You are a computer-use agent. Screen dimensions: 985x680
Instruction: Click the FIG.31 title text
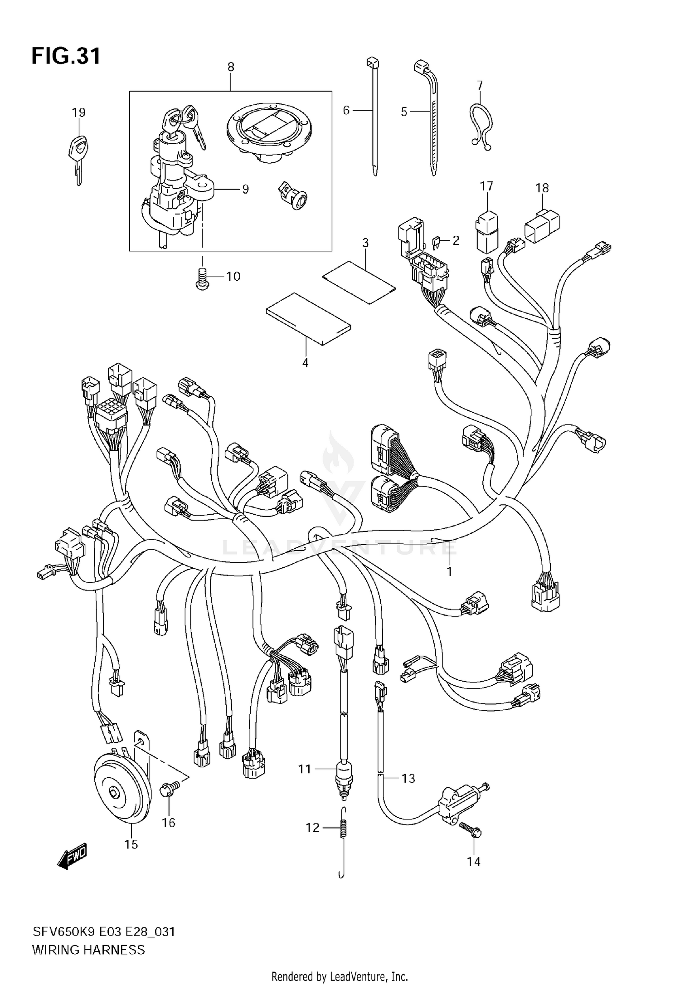pos(66,57)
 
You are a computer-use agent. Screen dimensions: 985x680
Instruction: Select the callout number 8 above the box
pos(231,67)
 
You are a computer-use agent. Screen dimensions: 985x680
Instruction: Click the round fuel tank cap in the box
pos(268,132)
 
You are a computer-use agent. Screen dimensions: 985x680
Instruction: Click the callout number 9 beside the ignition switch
pos(245,189)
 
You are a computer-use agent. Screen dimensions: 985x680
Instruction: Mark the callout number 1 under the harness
pos(449,572)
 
